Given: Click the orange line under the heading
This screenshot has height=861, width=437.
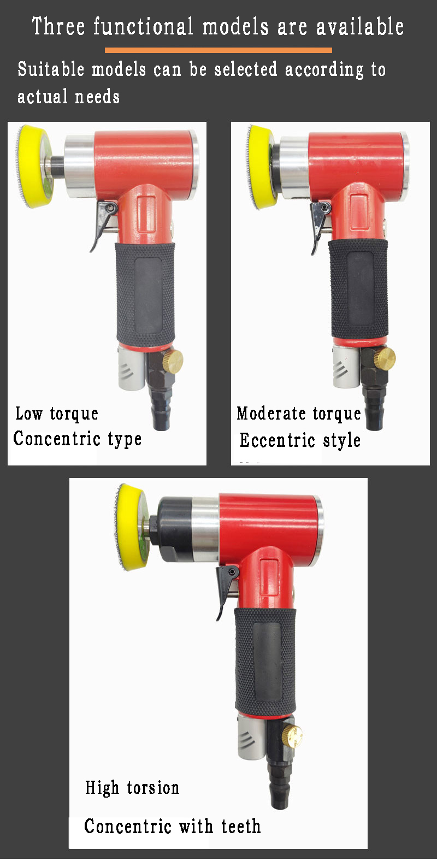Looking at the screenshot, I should click(218, 50).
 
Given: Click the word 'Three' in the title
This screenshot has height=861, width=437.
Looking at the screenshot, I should click(57, 26).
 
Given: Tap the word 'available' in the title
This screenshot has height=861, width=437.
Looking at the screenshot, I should click(360, 26).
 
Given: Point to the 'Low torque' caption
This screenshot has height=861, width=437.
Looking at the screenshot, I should click(57, 414).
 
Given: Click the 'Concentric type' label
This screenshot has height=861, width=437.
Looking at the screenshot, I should click(78, 439).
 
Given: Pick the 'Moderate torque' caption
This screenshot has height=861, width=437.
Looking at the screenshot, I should click(299, 414).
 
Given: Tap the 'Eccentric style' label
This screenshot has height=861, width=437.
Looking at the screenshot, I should click(300, 440).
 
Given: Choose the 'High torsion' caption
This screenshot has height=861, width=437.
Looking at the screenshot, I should click(132, 788).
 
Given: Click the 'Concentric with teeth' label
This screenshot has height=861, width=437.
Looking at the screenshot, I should click(172, 826).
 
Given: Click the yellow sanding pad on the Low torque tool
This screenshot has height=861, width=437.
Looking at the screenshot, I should click(34, 165).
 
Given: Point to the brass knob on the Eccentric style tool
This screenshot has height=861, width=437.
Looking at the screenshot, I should click(386, 358).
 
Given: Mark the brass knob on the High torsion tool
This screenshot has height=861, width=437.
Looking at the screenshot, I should click(293, 738).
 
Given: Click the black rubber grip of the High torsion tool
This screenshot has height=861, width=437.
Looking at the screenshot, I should click(265, 661).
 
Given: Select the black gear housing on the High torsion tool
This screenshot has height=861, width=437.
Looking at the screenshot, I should click(174, 527).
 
